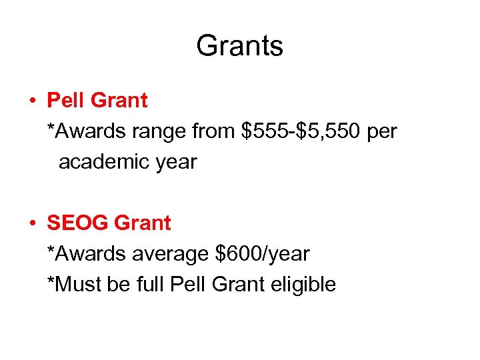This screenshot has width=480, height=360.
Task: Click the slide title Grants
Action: tap(239, 46)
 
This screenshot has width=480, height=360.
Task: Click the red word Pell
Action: tap(65, 101)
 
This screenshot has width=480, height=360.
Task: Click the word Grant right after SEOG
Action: tap(142, 223)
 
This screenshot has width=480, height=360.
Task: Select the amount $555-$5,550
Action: tap(301, 131)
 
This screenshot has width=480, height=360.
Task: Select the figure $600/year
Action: tap(263, 254)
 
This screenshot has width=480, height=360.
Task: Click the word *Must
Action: tap(74, 285)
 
